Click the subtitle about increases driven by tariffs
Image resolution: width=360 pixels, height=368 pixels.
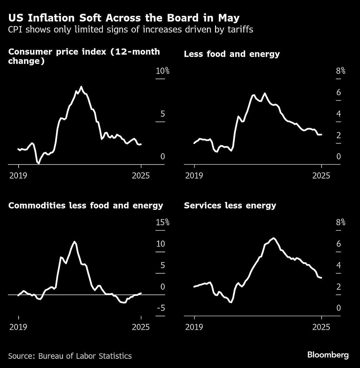tap(130, 30)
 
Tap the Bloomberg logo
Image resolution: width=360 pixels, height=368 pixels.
tap(328, 355)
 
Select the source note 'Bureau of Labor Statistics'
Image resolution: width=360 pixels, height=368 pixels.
tap(70, 356)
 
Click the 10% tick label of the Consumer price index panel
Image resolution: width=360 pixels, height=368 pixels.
tap(163, 71)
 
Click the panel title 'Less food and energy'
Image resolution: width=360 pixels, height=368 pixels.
tap(232, 54)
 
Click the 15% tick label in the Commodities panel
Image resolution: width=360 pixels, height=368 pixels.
tap(163, 223)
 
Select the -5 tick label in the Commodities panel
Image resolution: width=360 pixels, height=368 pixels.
tap(161, 308)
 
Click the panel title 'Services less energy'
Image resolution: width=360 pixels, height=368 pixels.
tap(230, 205)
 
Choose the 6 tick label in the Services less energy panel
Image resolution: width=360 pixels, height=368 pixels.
tap(339, 244)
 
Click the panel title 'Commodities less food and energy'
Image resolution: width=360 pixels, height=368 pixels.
tap(86, 205)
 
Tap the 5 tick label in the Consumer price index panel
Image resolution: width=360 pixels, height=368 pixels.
tap(163, 114)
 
